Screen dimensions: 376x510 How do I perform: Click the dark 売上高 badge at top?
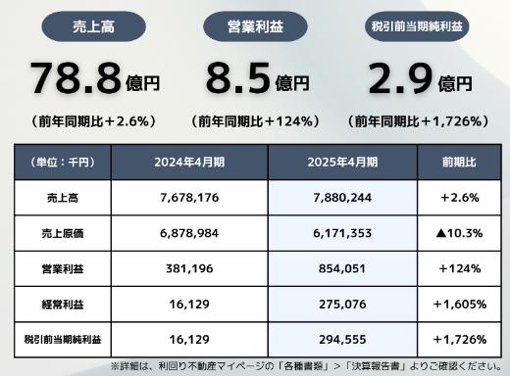click(94, 25)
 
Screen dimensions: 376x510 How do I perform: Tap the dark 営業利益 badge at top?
click(254, 25)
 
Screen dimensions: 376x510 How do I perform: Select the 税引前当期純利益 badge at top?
click(416, 25)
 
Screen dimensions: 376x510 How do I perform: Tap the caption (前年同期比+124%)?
click(254, 121)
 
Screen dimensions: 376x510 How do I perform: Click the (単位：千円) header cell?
click(65, 162)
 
